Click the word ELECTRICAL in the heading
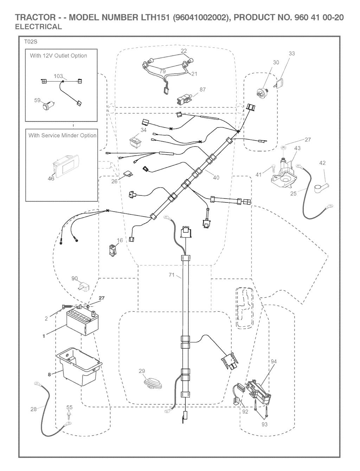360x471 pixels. click(x=39, y=26)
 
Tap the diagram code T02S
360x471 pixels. click(x=31, y=42)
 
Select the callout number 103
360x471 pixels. click(x=58, y=76)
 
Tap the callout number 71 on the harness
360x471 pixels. click(x=172, y=275)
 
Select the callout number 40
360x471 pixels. click(x=216, y=177)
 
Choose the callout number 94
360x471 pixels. click(x=274, y=361)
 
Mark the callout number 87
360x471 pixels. click(x=202, y=89)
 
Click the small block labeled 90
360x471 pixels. click(x=84, y=286)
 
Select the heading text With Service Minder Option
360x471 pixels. click(x=63, y=135)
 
